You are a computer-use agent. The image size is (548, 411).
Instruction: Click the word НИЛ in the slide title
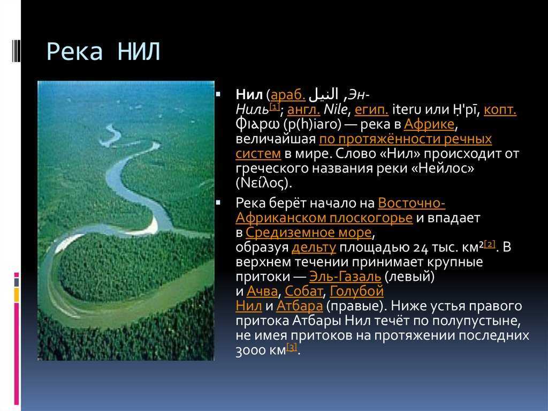coord(139,52)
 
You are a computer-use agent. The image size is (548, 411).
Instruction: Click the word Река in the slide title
coord(74,52)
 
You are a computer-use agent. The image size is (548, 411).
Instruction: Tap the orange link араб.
coord(288,95)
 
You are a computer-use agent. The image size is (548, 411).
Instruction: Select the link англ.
coord(303,110)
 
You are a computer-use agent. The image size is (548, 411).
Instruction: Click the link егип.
coord(371,110)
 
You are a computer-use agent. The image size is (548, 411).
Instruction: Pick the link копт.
coord(500,109)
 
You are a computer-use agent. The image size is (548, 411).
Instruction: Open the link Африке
coord(429,124)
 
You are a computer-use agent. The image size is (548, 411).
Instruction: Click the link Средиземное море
coord(309,232)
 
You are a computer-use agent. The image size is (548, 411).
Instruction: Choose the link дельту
coord(314,247)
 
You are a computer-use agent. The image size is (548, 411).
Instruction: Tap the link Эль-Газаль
coord(345,277)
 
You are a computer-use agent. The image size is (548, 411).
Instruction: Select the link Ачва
coord(262,292)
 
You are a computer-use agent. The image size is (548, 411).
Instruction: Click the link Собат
coord(304,292)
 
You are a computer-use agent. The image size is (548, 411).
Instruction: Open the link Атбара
coord(300,306)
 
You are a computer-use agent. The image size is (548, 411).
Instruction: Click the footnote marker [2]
coord(489,244)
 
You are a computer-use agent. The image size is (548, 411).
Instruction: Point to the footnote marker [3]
coord(292,347)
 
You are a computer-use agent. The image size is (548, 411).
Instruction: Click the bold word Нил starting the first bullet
coord(249,95)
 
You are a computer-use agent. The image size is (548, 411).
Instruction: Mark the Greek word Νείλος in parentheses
coord(263,183)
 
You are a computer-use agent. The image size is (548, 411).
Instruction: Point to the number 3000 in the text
coord(250,350)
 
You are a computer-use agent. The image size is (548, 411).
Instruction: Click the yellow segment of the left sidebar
coord(17,295)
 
